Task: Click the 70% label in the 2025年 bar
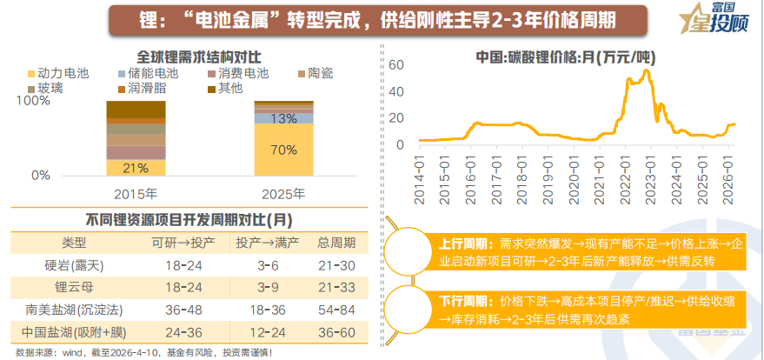coord(284,150)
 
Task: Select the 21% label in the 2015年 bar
coord(135,167)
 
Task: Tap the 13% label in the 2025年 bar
coord(284,118)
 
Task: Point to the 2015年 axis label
coord(136,193)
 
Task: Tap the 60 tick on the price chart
coord(396,65)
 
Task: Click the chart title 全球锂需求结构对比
coord(187,55)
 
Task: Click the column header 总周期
coord(335,241)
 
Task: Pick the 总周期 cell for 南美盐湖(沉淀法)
coord(335,309)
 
